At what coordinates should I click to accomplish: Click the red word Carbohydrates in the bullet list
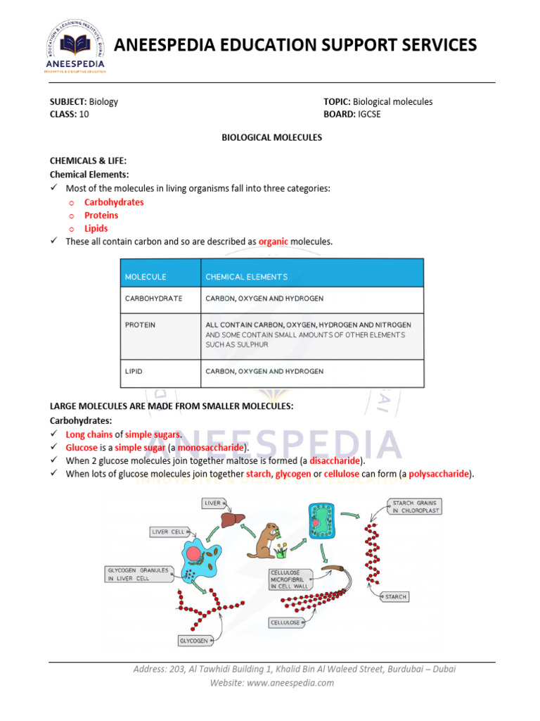click(114, 202)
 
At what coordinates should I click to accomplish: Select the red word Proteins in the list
click(101, 215)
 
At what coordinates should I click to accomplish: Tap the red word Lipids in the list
click(96, 229)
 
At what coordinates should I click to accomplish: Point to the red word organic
click(274, 242)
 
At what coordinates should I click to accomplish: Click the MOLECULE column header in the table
click(146, 277)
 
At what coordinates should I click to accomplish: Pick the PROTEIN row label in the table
click(141, 325)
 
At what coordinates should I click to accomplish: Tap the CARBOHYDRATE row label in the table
click(153, 299)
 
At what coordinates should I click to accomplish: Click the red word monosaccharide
click(210, 448)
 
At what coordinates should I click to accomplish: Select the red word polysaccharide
click(439, 474)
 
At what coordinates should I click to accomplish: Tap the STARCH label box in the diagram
click(396, 596)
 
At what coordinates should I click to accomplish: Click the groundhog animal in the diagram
click(264, 539)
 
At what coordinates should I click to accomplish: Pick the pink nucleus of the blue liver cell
click(193, 553)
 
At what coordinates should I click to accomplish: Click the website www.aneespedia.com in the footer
click(295, 682)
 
